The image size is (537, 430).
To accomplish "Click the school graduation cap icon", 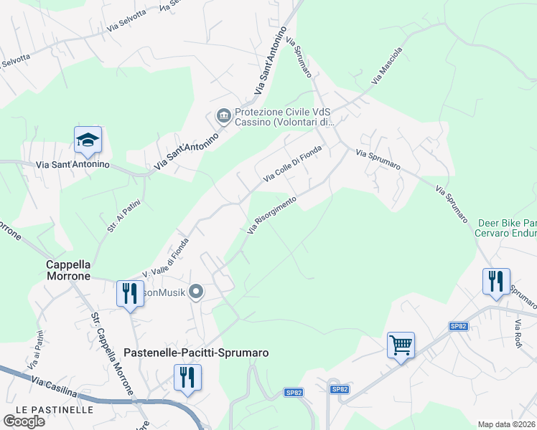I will pyautogui.click(x=88, y=140).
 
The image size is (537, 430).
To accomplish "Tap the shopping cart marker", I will pyautogui.click(x=401, y=345).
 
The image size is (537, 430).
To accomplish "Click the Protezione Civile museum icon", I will pyautogui.click(x=223, y=115).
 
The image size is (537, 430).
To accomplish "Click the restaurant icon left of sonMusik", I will pyautogui.click(x=130, y=294).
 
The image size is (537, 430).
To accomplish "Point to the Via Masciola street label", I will pyautogui.click(x=387, y=67).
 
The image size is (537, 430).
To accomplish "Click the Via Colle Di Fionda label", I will pyautogui.click(x=293, y=163).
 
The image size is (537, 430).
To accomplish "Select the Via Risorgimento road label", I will pyautogui.click(x=271, y=215).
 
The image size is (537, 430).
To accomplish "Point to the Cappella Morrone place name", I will pyautogui.click(x=68, y=269).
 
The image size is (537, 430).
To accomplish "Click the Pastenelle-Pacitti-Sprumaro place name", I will pyautogui.click(x=196, y=353).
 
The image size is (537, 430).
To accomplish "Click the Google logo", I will pyautogui.click(x=24, y=421).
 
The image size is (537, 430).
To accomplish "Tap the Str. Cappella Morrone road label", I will pyautogui.click(x=112, y=353).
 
